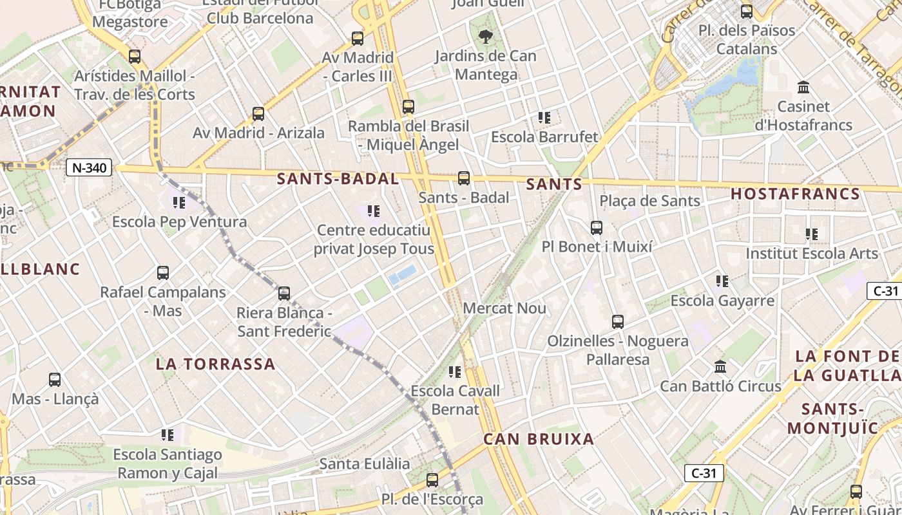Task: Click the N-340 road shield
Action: click(x=89, y=168)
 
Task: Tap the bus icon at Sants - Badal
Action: click(x=463, y=178)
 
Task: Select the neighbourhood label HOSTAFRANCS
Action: click(x=795, y=194)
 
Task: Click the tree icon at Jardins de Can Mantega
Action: click(x=485, y=37)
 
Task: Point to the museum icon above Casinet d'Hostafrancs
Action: click(x=803, y=87)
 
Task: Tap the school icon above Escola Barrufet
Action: click(x=544, y=118)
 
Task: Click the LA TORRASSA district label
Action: click(x=216, y=364)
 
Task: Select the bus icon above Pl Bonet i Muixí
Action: click(x=597, y=227)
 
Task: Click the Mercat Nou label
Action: click(x=504, y=308)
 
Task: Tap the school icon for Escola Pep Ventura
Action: click(x=179, y=203)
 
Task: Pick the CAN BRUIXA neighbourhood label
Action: click(x=539, y=439)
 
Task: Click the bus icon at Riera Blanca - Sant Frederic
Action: click(x=284, y=294)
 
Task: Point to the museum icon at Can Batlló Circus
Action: click(x=720, y=366)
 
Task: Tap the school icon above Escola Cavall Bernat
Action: click(x=455, y=371)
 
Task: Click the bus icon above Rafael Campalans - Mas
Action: click(x=163, y=273)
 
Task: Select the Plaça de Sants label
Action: click(x=649, y=201)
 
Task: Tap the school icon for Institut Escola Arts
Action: click(x=812, y=234)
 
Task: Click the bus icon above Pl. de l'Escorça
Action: click(x=432, y=480)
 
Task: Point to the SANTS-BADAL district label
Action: click(x=338, y=179)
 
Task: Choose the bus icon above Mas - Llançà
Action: click(x=55, y=380)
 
